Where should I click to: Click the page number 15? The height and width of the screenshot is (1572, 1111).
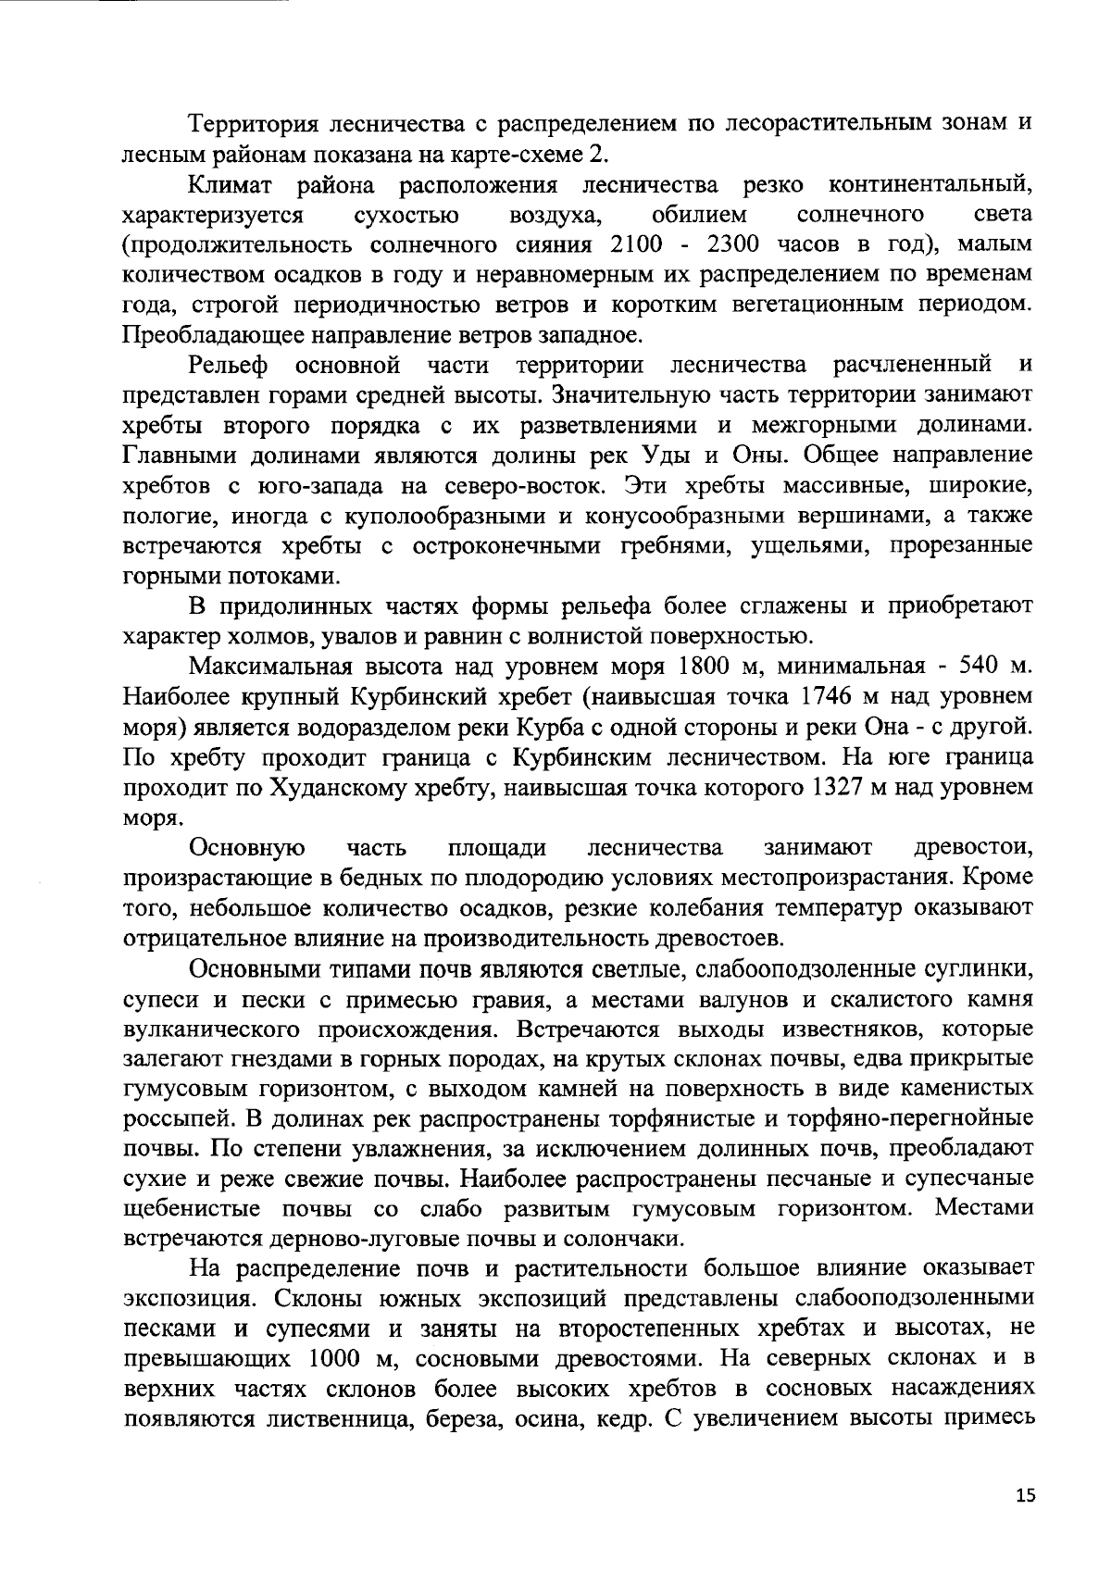point(1025,1496)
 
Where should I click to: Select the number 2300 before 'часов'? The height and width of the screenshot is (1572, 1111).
point(737,245)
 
